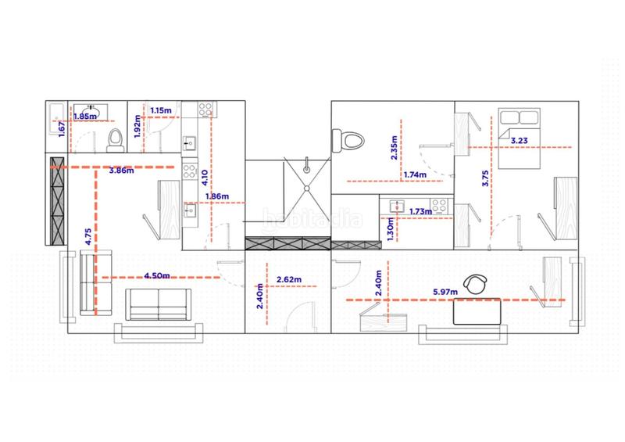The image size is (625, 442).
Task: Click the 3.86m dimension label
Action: pyautogui.click(x=122, y=171)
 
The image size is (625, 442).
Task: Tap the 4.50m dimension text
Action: pyautogui.click(x=157, y=275)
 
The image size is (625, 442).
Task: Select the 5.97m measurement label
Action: pyautogui.click(x=445, y=292)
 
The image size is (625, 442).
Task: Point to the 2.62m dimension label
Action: pyautogui.click(x=289, y=279)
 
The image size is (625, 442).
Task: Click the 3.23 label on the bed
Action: pyautogui.click(x=520, y=140)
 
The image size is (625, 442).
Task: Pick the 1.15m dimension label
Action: pyautogui.click(x=161, y=110)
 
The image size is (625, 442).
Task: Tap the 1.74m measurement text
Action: pyautogui.click(x=415, y=174)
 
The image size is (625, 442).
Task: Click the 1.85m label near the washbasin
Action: pyautogui.click(x=85, y=117)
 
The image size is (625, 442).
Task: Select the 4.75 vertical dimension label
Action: pyautogui.click(x=88, y=236)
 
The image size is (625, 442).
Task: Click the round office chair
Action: pyautogui.click(x=477, y=284)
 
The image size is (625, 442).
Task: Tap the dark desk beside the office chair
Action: pyautogui.click(x=477, y=311)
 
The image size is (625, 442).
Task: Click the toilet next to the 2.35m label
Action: pyautogui.click(x=348, y=141)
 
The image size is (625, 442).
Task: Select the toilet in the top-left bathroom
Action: pyautogui.click(x=115, y=140)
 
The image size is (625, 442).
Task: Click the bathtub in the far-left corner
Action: pyautogui.click(x=56, y=120)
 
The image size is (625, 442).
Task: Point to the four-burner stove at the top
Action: pyautogui.click(x=206, y=110)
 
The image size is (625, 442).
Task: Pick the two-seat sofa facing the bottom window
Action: pyautogui.click(x=159, y=304)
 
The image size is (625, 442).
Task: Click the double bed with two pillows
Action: pyautogui.click(x=520, y=138)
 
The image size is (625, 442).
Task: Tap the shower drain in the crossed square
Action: pyautogui.click(x=307, y=188)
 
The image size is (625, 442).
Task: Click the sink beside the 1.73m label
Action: pyautogui.click(x=397, y=207)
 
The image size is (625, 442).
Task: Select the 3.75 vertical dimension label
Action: pyautogui.click(x=485, y=178)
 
